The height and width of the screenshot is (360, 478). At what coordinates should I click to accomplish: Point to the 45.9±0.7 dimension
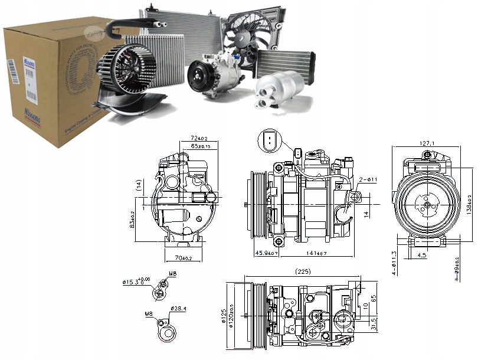click(x=266, y=254)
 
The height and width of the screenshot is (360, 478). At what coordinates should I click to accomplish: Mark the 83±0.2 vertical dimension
click(x=133, y=218)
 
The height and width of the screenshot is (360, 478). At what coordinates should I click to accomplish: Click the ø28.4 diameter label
click(x=178, y=309)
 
